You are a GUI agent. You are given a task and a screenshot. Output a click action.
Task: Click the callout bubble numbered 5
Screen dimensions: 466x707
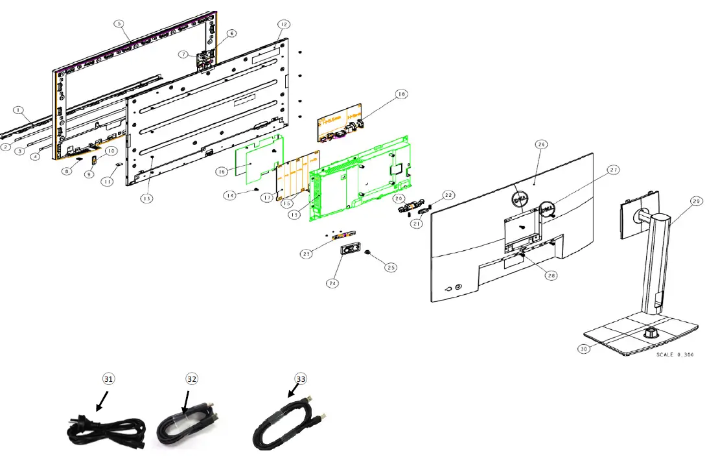(119, 23)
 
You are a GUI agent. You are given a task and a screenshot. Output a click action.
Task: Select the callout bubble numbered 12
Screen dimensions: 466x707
(283, 24)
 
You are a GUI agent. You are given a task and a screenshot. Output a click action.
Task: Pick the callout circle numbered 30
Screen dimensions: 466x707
(585, 348)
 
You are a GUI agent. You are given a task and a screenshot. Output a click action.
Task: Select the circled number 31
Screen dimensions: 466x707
(108, 379)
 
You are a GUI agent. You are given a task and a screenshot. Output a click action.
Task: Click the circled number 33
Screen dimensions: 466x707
(300, 379)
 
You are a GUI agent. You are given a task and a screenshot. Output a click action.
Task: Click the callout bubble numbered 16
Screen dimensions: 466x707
(222, 172)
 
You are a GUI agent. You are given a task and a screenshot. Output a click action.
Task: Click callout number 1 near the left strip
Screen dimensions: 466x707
(18, 110)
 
